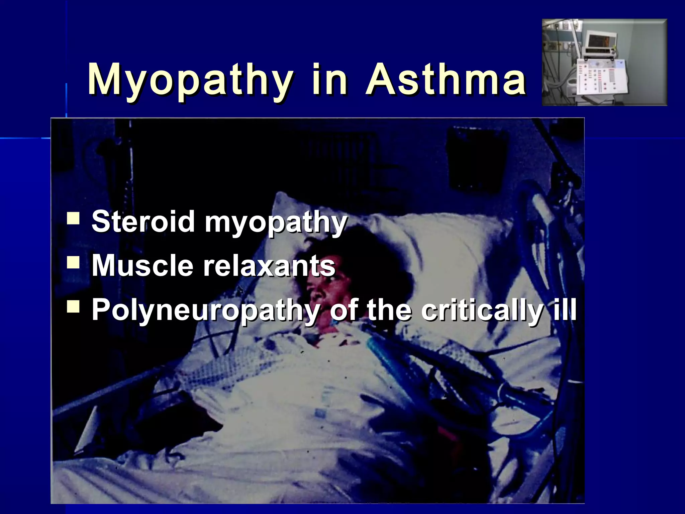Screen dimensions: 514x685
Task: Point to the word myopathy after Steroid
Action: (276, 222)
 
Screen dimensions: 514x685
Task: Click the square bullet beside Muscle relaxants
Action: (73, 262)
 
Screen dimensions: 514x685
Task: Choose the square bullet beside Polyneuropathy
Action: (73, 306)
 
